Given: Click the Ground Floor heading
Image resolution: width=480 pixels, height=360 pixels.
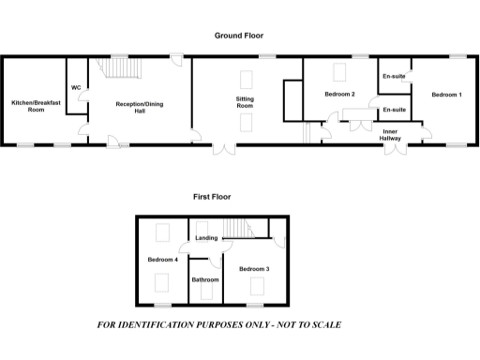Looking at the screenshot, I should point(239,35).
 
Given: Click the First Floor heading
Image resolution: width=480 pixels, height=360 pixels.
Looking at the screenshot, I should point(212,197).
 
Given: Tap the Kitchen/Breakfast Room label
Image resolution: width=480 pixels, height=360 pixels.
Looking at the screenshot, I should point(28,105).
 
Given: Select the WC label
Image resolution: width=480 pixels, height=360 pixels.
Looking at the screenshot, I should point(76,87).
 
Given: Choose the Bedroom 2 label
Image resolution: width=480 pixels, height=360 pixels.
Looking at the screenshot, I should point(339,95).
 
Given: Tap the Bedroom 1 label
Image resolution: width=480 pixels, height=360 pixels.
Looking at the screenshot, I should point(446,95).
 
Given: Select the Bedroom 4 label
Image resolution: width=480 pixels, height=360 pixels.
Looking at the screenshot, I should point(162,259).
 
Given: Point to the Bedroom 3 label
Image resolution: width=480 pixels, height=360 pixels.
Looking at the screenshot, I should point(254,269).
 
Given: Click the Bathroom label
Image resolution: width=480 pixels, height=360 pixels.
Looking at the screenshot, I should point(205,279).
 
